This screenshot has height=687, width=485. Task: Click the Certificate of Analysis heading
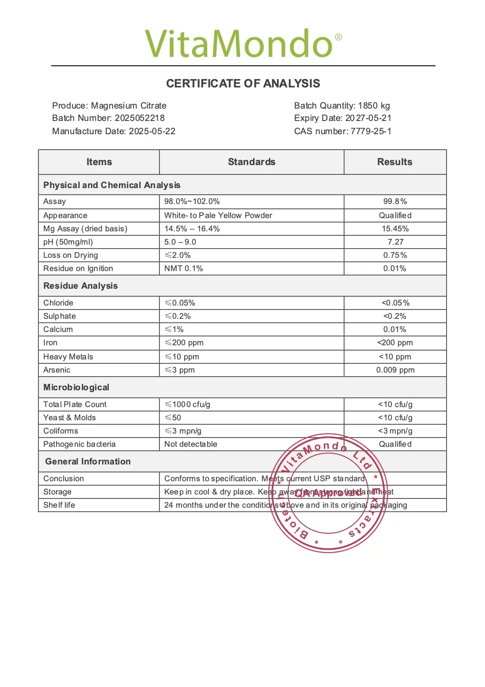pyautogui.click(x=243, y=83)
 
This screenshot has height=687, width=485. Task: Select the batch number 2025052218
pyautogui.click(x=140, y=118)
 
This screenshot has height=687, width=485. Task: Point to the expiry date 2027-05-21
pyautogui.click(x=368, y=118)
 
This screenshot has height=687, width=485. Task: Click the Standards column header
pyautogui.click(x=251, y=162)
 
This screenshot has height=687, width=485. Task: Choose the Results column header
pyautogui.click(x=394, y=162)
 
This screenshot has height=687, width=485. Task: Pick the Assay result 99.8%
pyautogui.click(x=395, y=201)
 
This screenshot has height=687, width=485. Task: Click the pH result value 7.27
pyautogui.click(x=395, y=242)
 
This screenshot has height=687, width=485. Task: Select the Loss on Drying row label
pyautogui.click(x=71, y=255)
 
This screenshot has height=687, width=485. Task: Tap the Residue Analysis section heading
pyautogui.click(x=80, y=286)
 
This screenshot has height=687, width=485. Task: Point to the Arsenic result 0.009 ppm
pyautogui.click(x=395, y=370)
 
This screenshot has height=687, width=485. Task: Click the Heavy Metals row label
pyautogui.click(x=68, y=357)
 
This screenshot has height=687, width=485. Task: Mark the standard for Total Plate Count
pyautogui.click(x=187, y=404)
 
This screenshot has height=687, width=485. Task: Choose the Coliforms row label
pyautogui.click(x=61, y=431)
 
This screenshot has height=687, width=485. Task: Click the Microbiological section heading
pyautogui.click(x=76, y=387)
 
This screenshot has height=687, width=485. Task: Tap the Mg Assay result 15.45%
pyautogui.click(x=395, y=229)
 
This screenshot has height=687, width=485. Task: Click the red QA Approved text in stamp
pyautogui.click(x=328, y=493)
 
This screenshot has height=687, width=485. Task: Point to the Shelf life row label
pyautogui.click(x=59, y=505)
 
